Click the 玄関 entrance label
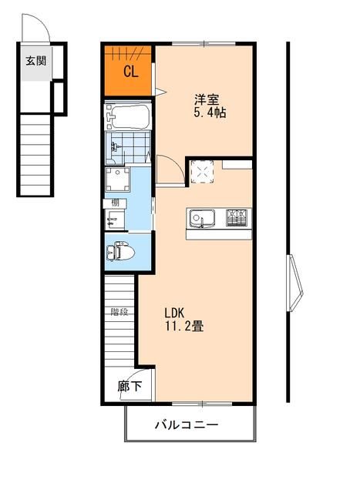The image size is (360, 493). pos(35,61)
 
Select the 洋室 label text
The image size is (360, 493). pos(205,99)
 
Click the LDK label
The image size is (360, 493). pos(174,312)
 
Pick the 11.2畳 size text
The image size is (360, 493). pos(183,327)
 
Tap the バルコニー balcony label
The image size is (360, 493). pos(187,424)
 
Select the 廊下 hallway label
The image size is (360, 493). pos(130,387)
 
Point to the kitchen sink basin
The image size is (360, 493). pos(199,219)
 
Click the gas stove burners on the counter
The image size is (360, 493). pos(237,218)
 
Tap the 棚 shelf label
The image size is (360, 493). pos(114,204)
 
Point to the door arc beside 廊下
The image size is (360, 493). pos(144,388)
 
